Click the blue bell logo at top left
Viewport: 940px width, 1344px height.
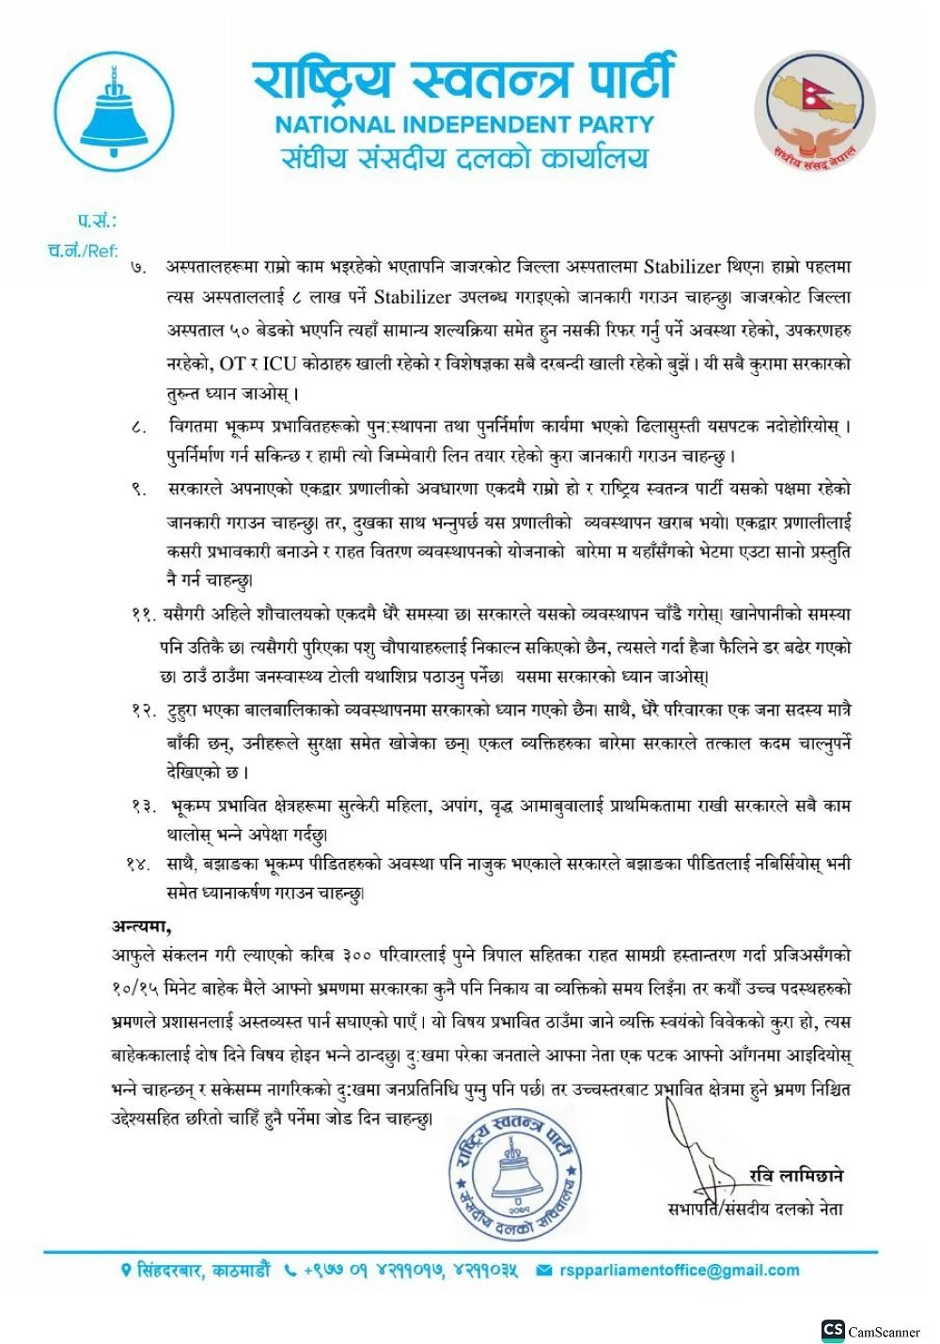115,111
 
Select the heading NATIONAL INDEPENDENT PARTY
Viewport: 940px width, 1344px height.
464,124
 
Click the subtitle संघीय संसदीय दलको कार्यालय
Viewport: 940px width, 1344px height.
464,158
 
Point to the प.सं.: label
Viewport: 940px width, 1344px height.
97,221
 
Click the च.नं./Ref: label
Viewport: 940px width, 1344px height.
83,250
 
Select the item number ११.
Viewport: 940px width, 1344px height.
143,615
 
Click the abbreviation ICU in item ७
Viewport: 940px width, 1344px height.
279,363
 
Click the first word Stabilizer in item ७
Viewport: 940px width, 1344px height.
682,266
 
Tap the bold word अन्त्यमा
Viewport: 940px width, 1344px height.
142,926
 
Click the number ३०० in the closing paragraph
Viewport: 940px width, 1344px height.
357,956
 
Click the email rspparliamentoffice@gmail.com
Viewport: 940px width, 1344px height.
679,1271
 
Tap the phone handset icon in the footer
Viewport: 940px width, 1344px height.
290,1271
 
